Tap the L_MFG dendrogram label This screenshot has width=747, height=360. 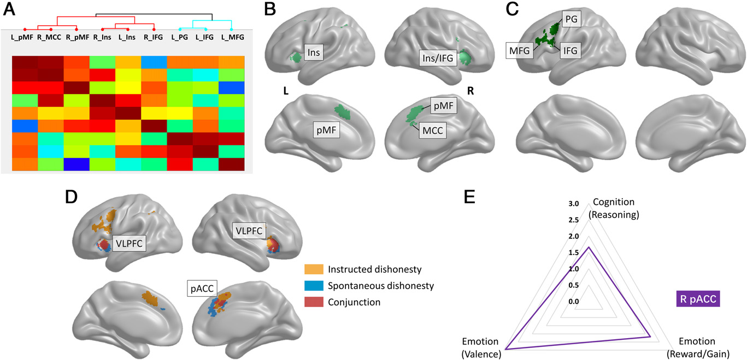click(233, 38)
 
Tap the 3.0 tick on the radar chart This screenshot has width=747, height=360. click(573, 204)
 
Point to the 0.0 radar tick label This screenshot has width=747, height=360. click(573, 302)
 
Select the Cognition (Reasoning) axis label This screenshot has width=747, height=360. click(614, 210)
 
